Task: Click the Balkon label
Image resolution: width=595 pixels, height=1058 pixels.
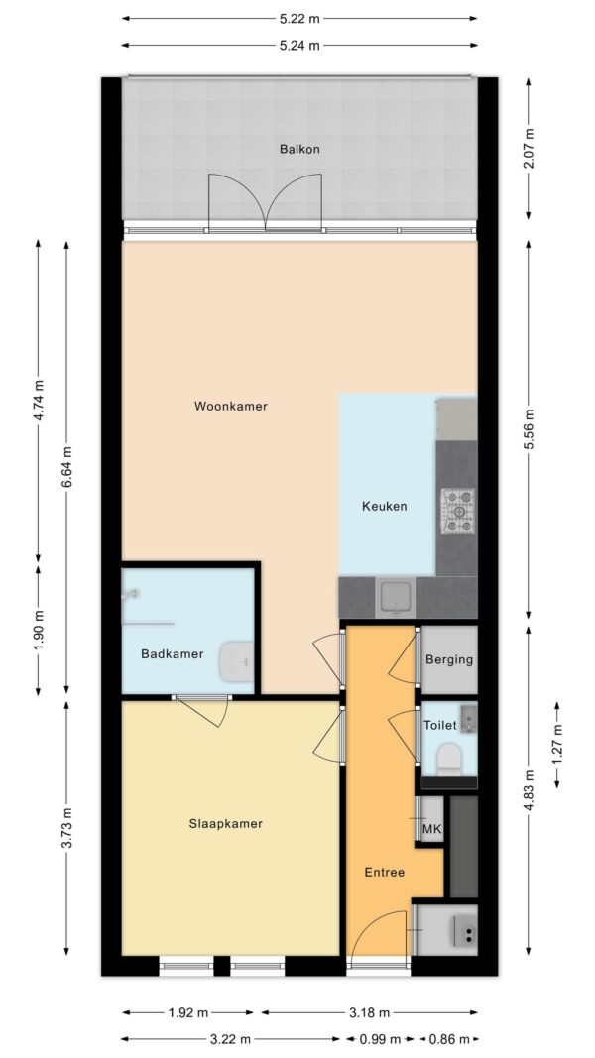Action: tap(299, 149)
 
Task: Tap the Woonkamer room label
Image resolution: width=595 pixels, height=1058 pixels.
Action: tap(231, 407)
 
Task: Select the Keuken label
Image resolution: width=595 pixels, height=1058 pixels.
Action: tap(385, 506)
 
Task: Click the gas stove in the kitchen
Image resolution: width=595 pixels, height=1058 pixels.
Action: tap(458, 511)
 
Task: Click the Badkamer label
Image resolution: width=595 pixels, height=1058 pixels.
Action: tap(172, 653)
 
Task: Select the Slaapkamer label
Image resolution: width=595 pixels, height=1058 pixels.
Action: tap(225, 823)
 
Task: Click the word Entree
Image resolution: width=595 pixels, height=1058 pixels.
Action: tap(385, 872)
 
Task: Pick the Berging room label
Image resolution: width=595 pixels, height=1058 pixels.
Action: tap(448, 660)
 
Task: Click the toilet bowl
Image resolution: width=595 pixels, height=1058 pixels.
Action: tap(448, 758)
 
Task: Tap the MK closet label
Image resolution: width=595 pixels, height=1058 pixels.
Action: tap(431, 829)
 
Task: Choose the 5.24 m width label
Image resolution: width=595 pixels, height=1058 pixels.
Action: tap(299, 46)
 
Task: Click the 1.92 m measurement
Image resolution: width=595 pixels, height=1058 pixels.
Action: tap(188, 1012)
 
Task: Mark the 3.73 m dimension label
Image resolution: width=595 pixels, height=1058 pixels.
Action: tap(66, 829)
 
